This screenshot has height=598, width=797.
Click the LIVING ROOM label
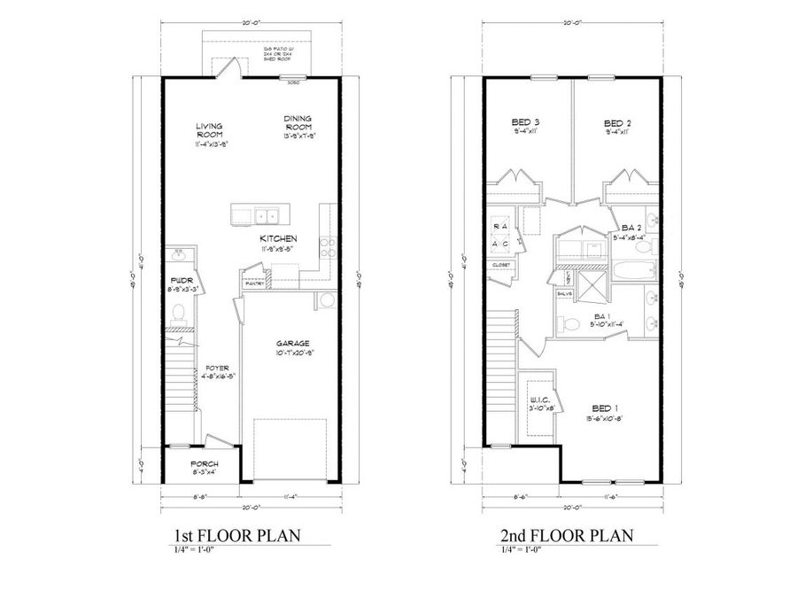coord(210,130)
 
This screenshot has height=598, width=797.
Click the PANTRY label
coord(252,283)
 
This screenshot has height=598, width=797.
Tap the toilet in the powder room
coord(177,312)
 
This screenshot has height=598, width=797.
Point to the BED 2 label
coord(616,122)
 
